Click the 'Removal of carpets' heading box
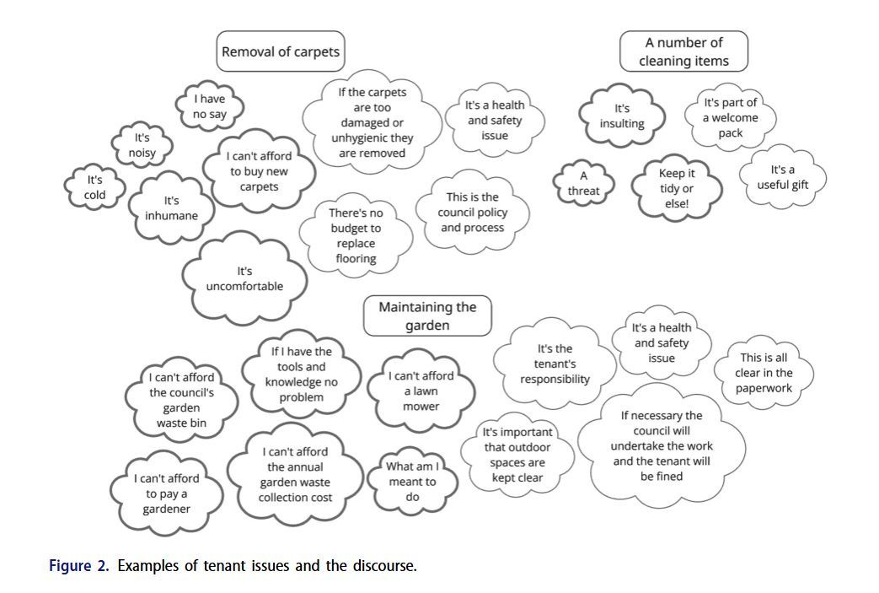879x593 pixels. pos(280,51)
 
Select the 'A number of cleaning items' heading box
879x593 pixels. pos(683,51)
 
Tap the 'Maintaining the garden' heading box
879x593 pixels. pos(427,315)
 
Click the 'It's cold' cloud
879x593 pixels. pos(94,187)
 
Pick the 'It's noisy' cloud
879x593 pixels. pos(142,145)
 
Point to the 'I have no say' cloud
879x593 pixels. pos(210,106)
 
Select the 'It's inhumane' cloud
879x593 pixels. pos(171,208)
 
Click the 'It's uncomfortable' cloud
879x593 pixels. pos(244,279)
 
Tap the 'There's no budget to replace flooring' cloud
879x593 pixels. pos(356,236)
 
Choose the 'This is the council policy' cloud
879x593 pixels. pos(472,213)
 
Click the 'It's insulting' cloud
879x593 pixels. pos(622,116)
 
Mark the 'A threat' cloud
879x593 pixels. pos(583,184)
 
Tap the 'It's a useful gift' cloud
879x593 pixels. pos(782,177)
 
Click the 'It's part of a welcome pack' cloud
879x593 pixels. pos(731,118)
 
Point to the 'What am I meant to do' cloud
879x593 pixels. pos(412,482)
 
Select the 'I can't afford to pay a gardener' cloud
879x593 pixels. pos(167,493)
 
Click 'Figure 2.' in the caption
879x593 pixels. pos(78,565)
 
